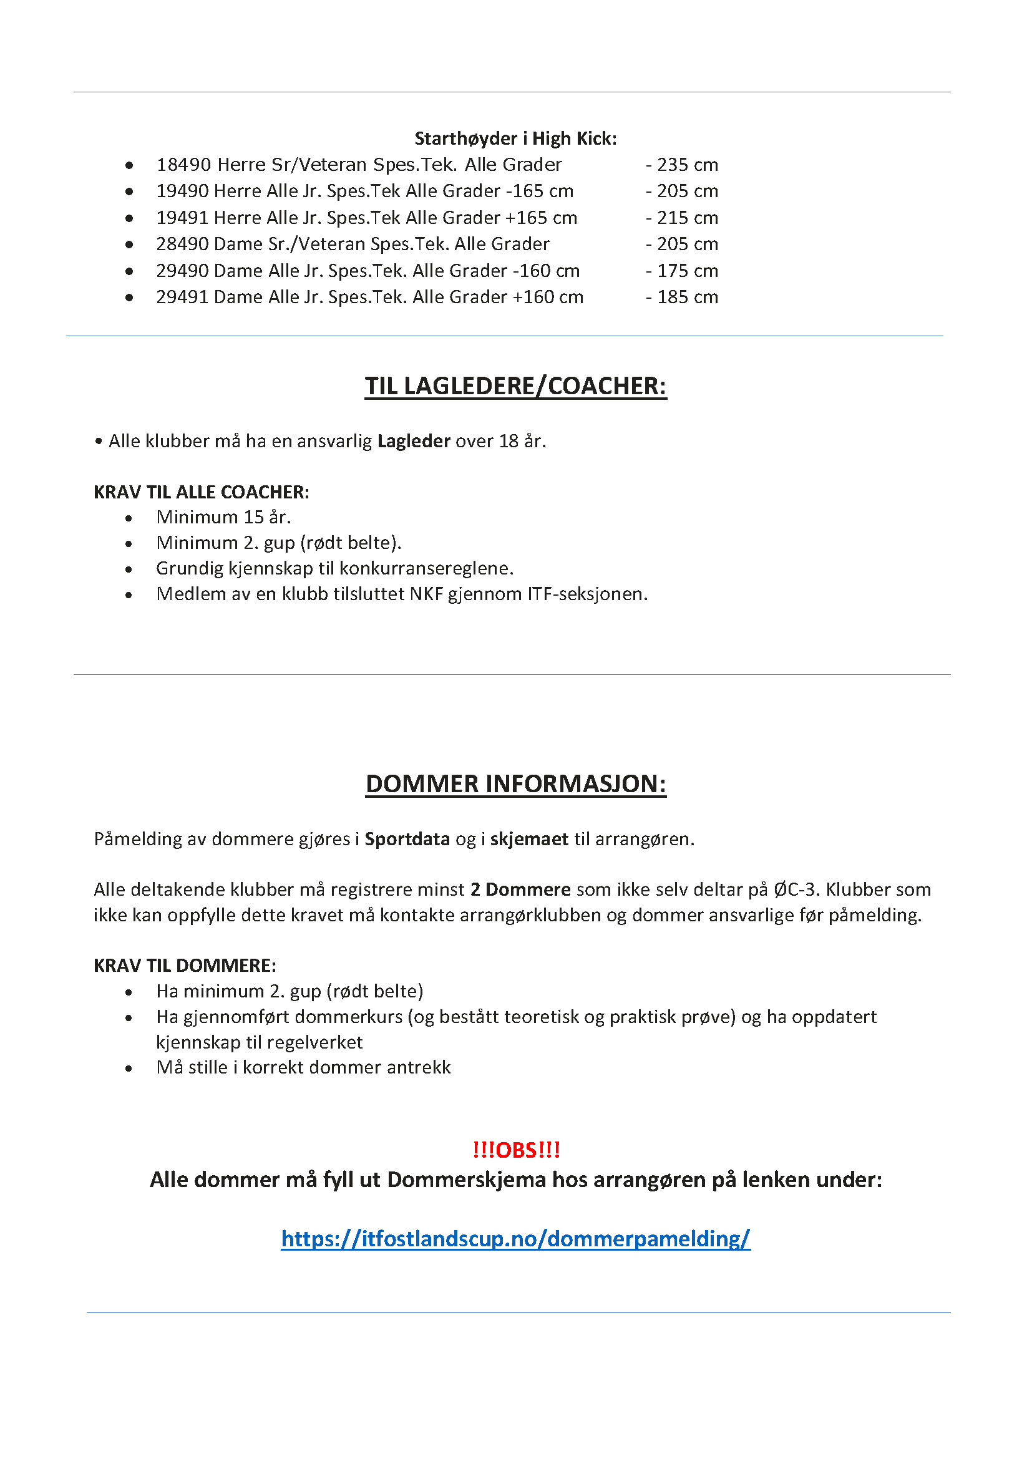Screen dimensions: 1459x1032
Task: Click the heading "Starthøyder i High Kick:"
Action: (x=515, y=138)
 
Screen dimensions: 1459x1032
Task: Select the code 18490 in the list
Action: (x=183, y=165)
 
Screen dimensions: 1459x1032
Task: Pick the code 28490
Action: (x=182, y=244)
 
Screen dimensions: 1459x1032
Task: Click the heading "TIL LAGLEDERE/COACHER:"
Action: (x=515, y=386)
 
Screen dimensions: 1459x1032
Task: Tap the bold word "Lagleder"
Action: (x=414, y=441)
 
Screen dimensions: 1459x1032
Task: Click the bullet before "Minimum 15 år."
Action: (x=129, y=518)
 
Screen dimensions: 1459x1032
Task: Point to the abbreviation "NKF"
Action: (x=426, y=594)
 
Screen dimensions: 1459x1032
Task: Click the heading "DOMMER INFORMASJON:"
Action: (x=515, y=784)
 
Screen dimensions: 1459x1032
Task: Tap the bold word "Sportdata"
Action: (x=407, y=840)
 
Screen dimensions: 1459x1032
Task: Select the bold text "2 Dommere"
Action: (x=520, y=889)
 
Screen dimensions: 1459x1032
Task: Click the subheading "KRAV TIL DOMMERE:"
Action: (x=185, y=966)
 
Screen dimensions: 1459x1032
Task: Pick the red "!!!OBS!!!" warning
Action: (x=516, y=1150)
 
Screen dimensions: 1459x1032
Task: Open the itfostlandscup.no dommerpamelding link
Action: (x=515, y=1239)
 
